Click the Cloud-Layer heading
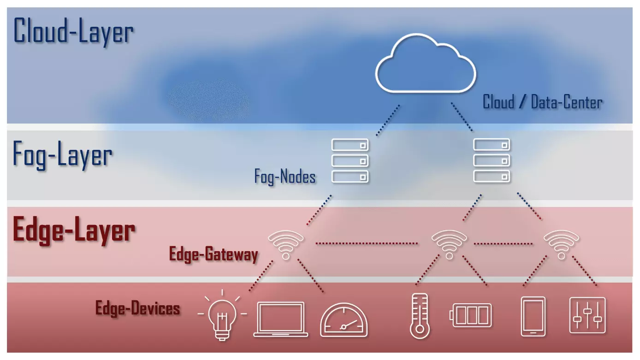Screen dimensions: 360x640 pyautogui.click(x=73, y=32)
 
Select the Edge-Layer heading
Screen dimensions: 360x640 pyautogui.click(x=74, y=230)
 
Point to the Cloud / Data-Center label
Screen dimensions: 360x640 pyautogui.click(x=542, y=102)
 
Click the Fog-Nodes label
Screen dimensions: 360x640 pyautogui.click(x=285, y=177)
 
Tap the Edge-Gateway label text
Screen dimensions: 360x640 pyautogui.click(x=213, y=254)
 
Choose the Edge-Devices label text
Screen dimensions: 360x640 pyautogui.click(x=137, y=308)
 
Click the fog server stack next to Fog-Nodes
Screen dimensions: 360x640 pyautogui.click(x=350, y=160)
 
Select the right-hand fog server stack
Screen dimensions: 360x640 pyautogui.click(x=492, y=160)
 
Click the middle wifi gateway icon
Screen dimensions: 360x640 pyautogui.click(x=449, y=245)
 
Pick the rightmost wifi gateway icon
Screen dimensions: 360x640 pyautogui.click(x=561, y=245)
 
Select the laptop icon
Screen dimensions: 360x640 pyautogui.click(x=281, y=319)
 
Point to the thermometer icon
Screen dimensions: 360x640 pyautogui.click(x=420, y=316)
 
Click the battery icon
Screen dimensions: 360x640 pyautogui.click(x=471, y=315)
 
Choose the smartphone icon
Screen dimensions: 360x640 pyautogui.click(x=533, y=316)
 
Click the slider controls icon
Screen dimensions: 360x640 pyautogui.click(x=587, y=315)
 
